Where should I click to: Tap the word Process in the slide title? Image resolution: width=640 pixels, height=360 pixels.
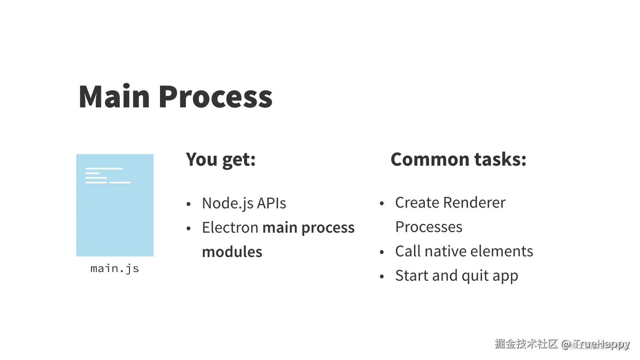click(215, 96)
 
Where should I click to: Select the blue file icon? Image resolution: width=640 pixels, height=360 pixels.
click(115, 205)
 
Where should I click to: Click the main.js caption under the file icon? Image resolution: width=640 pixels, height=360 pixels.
click(115, 268)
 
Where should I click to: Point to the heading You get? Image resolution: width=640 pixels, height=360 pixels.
click(221, 159)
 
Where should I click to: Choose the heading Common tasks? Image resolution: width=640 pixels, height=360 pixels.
click(458, 159)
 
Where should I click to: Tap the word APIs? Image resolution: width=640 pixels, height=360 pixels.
click(271, 203)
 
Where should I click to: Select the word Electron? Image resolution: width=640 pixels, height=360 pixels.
click(230, 228)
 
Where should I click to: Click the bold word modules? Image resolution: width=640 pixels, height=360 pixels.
click(232, 252)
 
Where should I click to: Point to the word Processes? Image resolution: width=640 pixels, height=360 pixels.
click(428, 227)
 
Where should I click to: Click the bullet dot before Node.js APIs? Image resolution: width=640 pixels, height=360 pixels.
click(189, 204)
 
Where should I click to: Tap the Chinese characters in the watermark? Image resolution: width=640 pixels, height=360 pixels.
click(526, 344)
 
